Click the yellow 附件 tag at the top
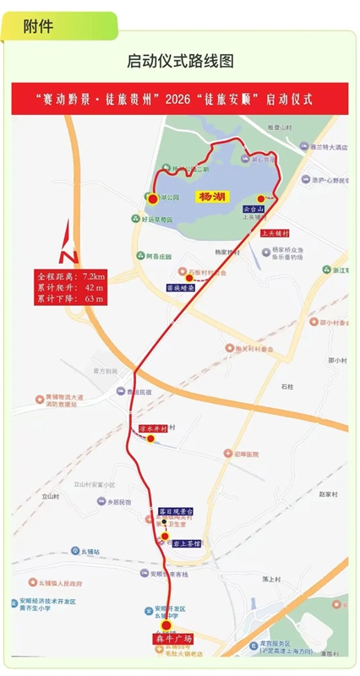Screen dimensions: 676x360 tap(37, 25)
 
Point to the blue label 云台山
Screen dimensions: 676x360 tap(254, 208)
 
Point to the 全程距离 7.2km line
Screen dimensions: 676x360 tap(71, 276)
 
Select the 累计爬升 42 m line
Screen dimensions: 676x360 tap(71, 287)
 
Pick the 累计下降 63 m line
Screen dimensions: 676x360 tap(71, 298)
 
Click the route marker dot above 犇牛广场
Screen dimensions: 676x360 tap(166, 625)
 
